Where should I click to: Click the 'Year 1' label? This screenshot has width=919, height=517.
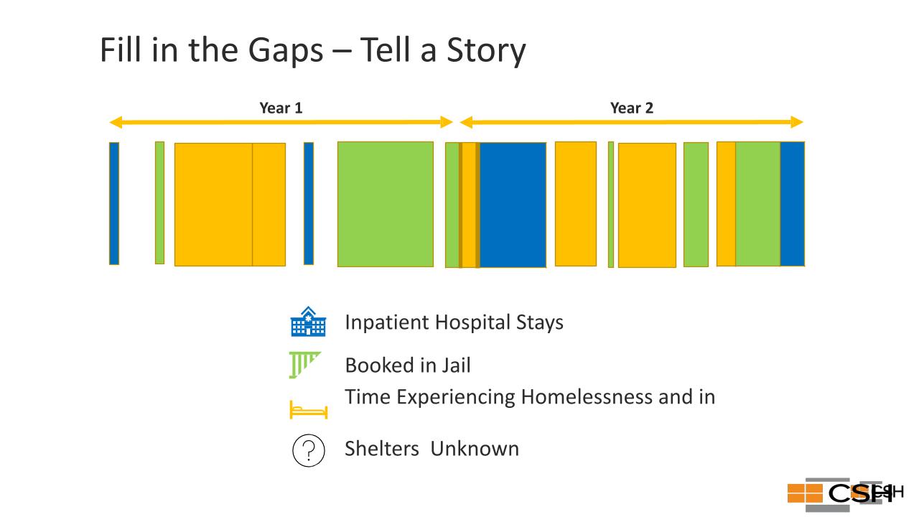(x=281, y=108)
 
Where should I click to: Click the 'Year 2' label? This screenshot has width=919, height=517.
(x=632, y=108)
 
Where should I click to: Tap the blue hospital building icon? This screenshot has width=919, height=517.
(x=308, y=322)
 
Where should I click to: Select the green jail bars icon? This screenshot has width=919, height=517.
(x=304, y=365)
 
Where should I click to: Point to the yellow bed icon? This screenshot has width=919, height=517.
(x=309, y=410)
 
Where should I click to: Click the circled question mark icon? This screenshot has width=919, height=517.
(x=309, y=450)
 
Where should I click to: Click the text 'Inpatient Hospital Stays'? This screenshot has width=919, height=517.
(x=454, y=322)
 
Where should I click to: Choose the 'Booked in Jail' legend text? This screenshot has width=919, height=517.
(x=408, y=365)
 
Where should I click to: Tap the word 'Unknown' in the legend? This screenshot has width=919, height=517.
(x=475, y=449)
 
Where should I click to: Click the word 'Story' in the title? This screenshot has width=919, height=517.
(x=486, y=50)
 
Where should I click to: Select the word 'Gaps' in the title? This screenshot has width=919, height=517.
(x=286, y=51)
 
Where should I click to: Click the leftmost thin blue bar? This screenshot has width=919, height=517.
(x=114, y=203)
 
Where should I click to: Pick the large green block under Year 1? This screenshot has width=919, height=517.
(x=386, y=205)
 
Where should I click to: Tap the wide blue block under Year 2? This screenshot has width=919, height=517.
(x=513, y=205)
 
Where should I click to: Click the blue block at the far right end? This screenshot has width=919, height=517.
(x=793, y=204)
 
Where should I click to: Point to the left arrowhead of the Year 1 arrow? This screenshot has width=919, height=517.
(x=116, y=122)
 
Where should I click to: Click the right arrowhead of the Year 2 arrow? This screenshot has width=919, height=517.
(x=797, y=122)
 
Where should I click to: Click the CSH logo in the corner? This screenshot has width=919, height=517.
(x=845, y=494)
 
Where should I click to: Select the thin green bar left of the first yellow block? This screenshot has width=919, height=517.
(x=159, y=202)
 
